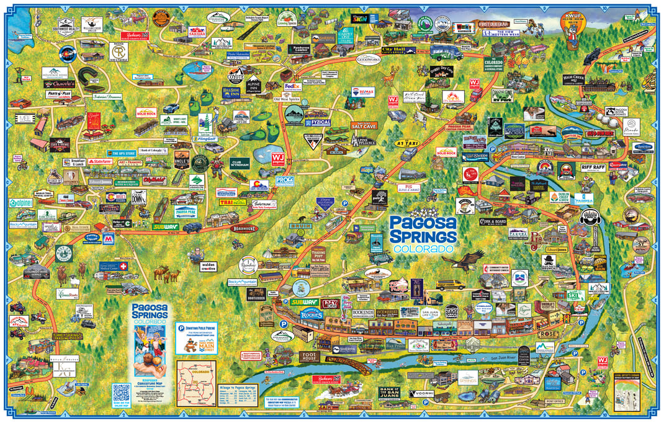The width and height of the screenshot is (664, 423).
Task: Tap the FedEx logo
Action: pos(292,87)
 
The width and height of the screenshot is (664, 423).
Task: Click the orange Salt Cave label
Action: pos(366,125)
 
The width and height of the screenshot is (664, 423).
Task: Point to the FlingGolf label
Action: pos(207,140)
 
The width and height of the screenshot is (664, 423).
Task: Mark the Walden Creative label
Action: pos(209,266)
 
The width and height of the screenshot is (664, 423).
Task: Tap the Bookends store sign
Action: pos(363,313)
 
